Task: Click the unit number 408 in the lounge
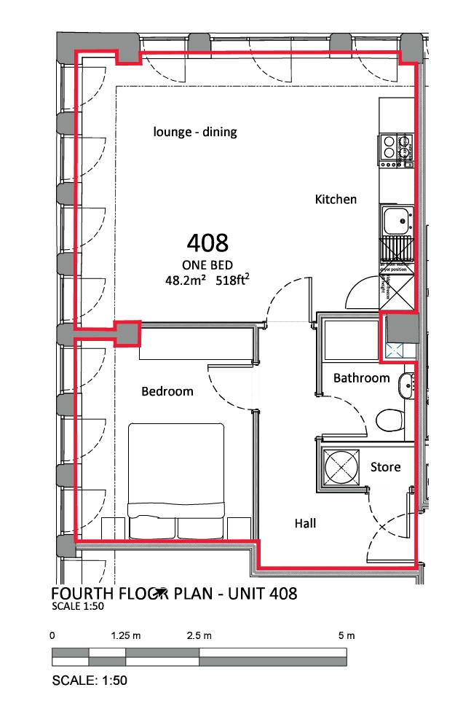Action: tap(207, 243)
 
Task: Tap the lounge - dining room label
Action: tap(195, 132)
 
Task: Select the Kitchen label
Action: tap(336, 199)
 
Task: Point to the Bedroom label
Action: tap(167, 392)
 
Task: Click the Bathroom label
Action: tap(362, 378)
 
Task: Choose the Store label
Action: tap(386, 467)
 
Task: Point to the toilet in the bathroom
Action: tap(389, 420)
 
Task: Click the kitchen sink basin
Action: tap(397, 219)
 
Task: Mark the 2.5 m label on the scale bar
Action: tap(199, 636)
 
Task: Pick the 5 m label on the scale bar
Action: tap(347, 636)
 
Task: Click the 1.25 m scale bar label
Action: tap(126, 636)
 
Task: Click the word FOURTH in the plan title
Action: tap(81, 594)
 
